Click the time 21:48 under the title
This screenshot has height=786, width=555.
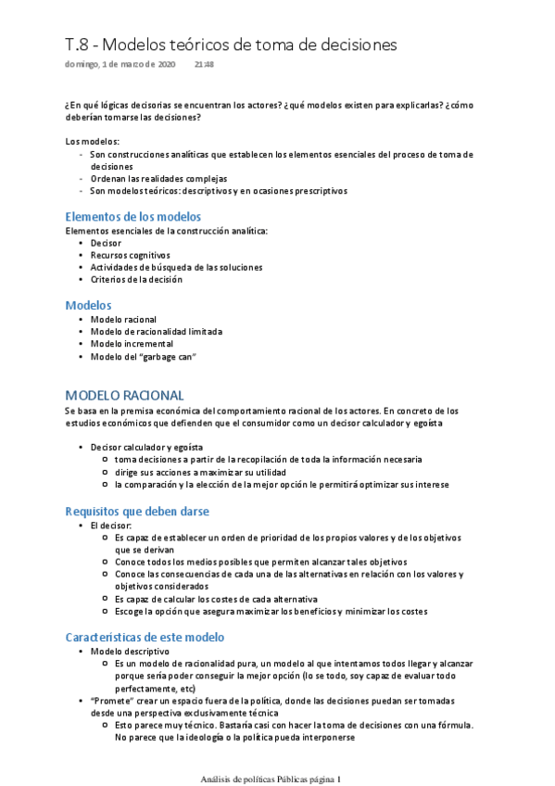(204, 65)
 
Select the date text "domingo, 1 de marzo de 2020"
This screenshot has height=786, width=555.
(120, 65)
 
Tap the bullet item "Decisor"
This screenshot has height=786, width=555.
(106, 243)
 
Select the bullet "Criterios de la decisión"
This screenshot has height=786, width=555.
(136, 279)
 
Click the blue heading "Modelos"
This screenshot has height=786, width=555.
(88, 305)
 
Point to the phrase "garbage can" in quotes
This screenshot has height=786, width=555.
(172, 356)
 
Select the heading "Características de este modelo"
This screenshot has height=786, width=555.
(145, 638)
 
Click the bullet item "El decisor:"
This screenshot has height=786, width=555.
(111, 526)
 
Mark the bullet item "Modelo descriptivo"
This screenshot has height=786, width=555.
(129, 652)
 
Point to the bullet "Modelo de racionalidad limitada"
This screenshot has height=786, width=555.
(157, 331)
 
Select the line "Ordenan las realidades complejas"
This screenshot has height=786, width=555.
(158, 178)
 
